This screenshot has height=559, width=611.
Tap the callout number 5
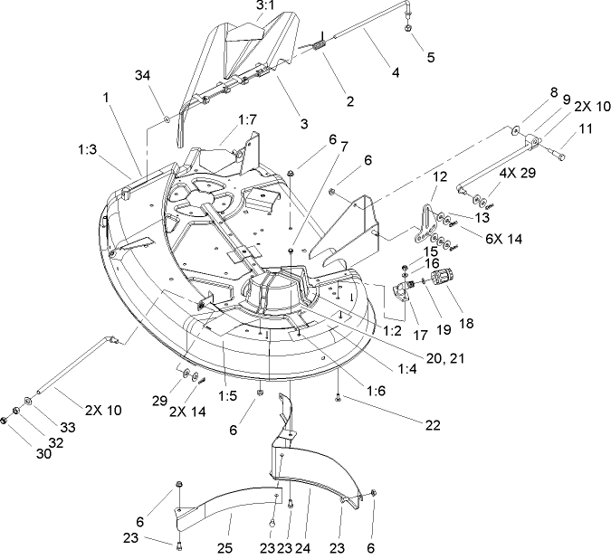click(x=431, y=57)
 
